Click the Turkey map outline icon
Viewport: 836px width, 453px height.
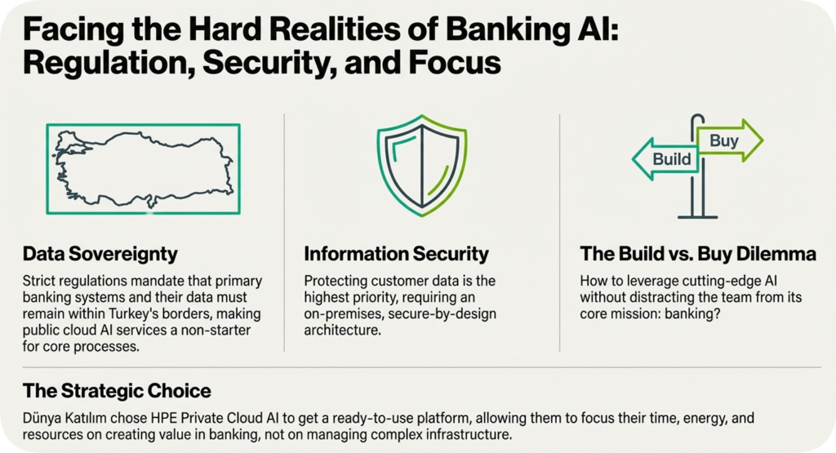pos(144,169)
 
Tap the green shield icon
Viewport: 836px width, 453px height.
pos(421,168)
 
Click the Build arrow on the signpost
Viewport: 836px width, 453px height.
pos(667,158)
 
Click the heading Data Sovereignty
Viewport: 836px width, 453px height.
pos(100,254)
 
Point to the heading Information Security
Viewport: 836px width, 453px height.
pos(396,254)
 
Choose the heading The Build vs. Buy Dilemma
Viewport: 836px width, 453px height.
pos(697,254)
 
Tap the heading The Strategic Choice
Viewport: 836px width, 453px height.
pos(117,390)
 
